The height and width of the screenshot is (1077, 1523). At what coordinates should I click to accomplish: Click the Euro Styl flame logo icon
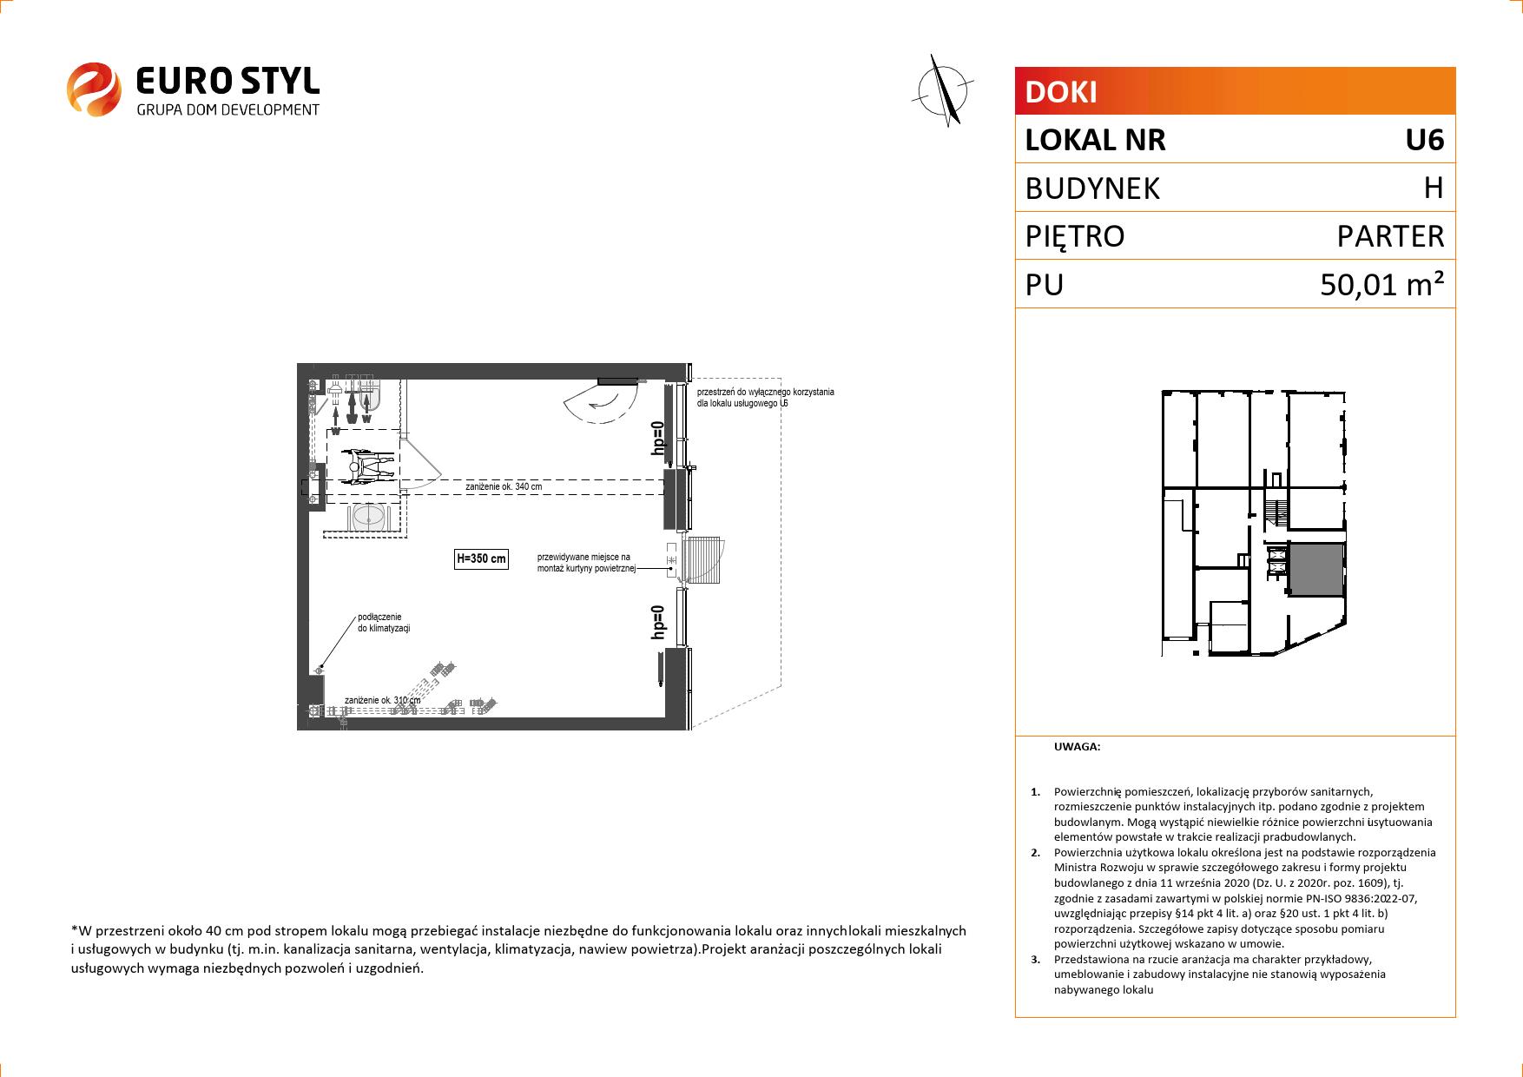94,88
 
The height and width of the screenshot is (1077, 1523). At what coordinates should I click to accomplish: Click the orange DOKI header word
1061,92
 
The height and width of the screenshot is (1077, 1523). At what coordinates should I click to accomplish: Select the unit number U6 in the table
1425,140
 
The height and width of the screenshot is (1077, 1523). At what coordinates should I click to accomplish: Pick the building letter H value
1434,188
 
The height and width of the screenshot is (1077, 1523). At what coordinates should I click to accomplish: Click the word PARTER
1390,236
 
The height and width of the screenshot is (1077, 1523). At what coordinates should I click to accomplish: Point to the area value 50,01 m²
1382,284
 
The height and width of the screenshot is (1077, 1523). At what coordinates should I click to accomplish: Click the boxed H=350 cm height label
481,559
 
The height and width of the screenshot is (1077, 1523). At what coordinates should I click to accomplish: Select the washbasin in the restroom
369,517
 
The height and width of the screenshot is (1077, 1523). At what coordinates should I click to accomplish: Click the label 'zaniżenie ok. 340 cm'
504,487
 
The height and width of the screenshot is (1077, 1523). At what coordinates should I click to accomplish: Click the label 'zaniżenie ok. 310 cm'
382,700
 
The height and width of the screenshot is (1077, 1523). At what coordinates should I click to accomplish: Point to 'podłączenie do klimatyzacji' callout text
383,623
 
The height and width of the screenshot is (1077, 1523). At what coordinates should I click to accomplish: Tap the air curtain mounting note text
587,563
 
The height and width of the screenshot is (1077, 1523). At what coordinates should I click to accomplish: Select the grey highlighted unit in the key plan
1315,570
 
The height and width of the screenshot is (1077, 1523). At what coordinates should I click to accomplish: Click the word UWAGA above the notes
1077,746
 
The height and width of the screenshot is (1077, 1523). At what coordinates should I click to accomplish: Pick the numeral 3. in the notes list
1035,960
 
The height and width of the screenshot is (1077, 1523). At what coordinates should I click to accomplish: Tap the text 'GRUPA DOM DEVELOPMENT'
228,109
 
